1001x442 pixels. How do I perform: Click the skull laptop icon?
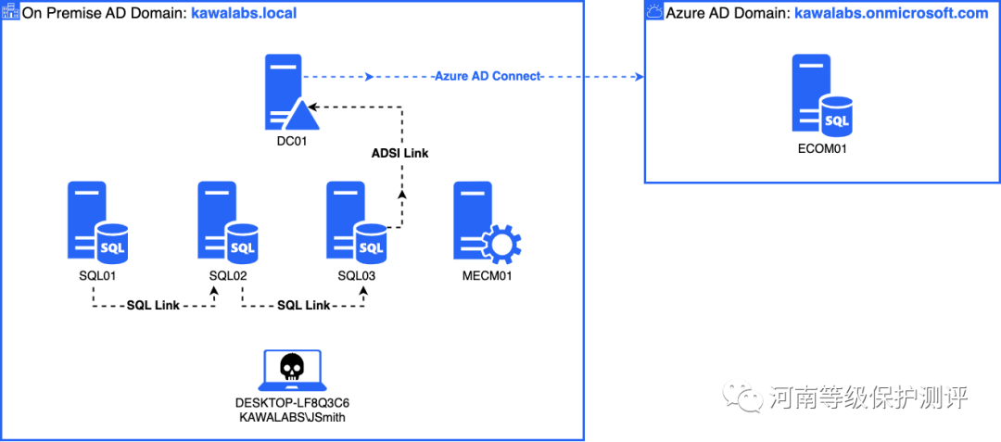pyautogui.click(x=292, y=372)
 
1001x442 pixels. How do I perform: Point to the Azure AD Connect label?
pyautogui.click(x=488, y=76)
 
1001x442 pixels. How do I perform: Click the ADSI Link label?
pyautogui.click(x=400, y=153)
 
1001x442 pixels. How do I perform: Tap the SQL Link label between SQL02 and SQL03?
pyautogui.click(x=303, y=305)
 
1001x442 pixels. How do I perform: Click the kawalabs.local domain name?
pyautogui.click(x=244, y=13)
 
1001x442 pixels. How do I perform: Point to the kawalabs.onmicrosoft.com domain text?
pyautogui.click(x=891, y=13)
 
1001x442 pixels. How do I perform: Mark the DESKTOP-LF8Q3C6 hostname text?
pyautogui.click(x=292, y=404)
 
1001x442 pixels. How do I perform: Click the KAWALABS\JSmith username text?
pyautogui.click(x=292, y=419)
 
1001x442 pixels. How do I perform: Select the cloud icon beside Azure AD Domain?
pyautogui.click(x=654, y=12)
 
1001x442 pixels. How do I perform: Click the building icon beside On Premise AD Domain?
pyautogui.click(x=9, y=12)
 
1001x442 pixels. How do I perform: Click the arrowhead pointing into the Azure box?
pyautogui.click(x=639, y=77)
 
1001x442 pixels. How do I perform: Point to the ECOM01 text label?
pyautogui.click(x=821, y=148)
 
